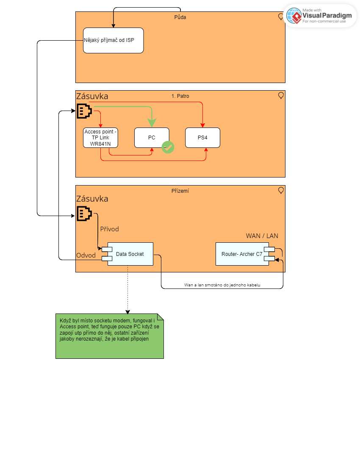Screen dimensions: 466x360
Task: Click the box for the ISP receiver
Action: point(113,40)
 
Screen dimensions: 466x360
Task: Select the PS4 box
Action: point(202,138)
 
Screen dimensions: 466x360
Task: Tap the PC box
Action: point(152,138)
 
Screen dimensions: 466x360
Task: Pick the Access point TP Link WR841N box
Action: point(100,138)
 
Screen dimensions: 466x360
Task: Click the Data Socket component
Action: point(130,254)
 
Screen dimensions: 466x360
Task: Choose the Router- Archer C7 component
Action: point(242,254)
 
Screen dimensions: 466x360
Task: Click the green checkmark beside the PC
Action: point(168,147)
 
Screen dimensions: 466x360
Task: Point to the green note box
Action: point(109,336)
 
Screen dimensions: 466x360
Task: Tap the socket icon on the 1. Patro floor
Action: point(84,111)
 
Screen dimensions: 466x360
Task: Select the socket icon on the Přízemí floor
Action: point(84,214)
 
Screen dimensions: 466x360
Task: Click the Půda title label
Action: point(180,17)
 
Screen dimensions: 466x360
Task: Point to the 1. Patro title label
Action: point(180,96)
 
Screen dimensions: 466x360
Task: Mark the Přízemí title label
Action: point(180,191)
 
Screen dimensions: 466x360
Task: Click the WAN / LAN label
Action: point(262,236)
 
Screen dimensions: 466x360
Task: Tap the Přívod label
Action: point(109,229)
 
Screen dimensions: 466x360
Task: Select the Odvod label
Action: point(86,255)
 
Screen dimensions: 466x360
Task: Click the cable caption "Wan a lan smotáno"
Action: point(222,285)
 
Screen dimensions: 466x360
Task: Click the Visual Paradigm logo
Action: point(320,16)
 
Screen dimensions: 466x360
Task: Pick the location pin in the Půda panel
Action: point(281,17)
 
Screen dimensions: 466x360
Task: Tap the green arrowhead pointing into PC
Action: point(152,123)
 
